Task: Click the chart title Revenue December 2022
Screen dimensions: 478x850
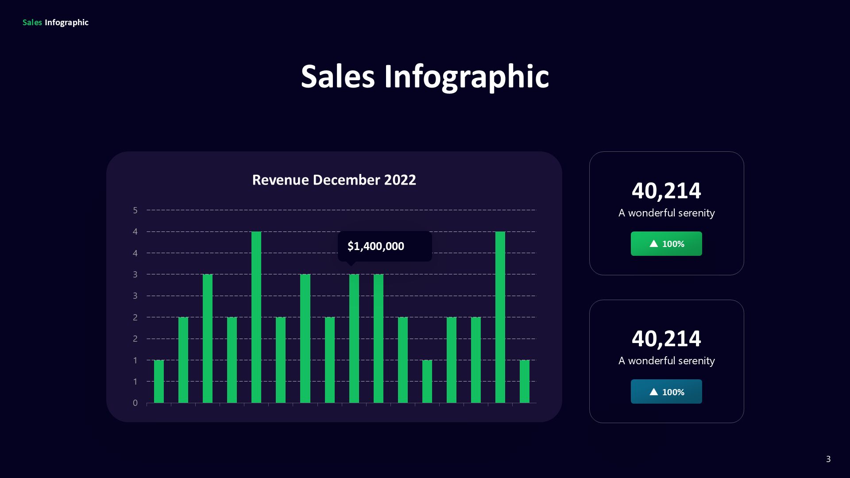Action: pos(334,180)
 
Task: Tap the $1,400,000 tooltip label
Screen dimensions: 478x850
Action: pos(376,246)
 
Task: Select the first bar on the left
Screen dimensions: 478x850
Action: pos(159,382)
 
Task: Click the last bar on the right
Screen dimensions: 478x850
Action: pos(525,382)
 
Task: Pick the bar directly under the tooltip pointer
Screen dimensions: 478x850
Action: pos(354,339)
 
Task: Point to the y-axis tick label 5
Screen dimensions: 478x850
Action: pos(135,210)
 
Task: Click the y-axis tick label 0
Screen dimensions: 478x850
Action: pos(135,403)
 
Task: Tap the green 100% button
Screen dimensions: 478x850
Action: pos(666,244)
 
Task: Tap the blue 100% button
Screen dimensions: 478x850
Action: pos(666,392)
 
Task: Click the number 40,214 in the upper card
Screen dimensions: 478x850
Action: pos(666,191)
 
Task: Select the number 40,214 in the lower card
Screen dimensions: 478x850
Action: pos(666,339)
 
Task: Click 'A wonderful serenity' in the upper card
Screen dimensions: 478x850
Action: pos(666,213)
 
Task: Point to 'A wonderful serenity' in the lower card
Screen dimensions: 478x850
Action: pos(666,361)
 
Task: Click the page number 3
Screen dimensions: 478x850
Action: pos(828,459)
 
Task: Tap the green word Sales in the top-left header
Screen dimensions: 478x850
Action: pos(32,23)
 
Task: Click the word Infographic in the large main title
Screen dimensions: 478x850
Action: pos(466,77)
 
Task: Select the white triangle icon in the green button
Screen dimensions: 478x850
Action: pos(653,244)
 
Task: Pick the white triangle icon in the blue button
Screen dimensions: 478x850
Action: pos(653,392)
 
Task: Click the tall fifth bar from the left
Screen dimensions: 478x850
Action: pos(256,317)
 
